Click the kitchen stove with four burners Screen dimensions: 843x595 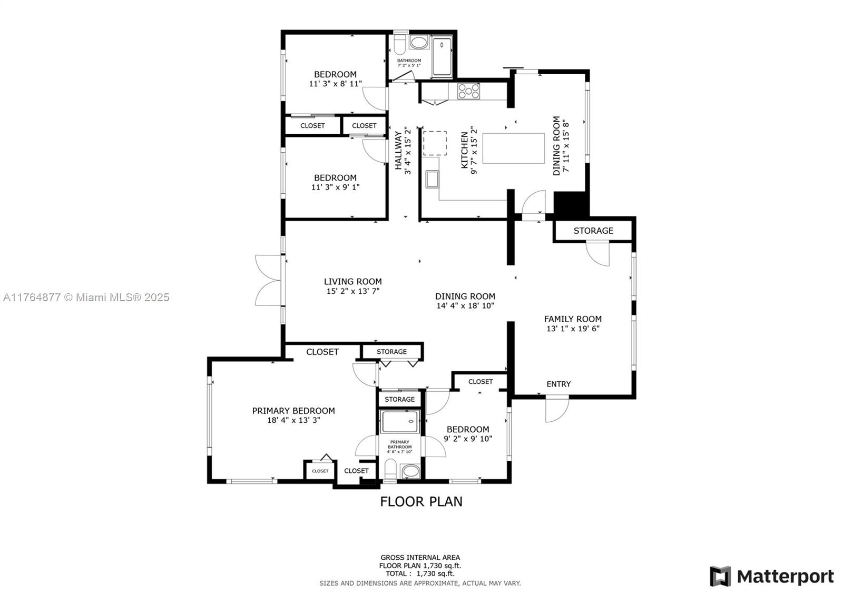click(468, 91)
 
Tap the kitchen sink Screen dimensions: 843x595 click(432, 179)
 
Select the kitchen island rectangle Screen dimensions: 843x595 click(514, 148)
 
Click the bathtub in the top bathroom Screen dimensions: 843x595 click(442, 57)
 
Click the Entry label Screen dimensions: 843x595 click(558, 384)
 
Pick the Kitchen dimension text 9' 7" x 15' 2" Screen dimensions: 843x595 click(474, 151)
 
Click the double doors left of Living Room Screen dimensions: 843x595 click(268, 280)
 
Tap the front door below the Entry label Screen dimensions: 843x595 click(557, 409)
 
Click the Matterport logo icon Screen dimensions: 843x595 click(720, 576)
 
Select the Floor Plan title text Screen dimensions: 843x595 click(421, 501)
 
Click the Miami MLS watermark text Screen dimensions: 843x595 click(86, 297)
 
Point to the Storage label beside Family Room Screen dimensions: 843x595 click(593, 231)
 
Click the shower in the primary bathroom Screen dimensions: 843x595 click(400, 422)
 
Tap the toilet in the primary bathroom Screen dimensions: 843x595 click(390, 469)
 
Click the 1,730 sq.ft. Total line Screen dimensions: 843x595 click(420, 573)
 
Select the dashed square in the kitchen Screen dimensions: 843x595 click(435, 143)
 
